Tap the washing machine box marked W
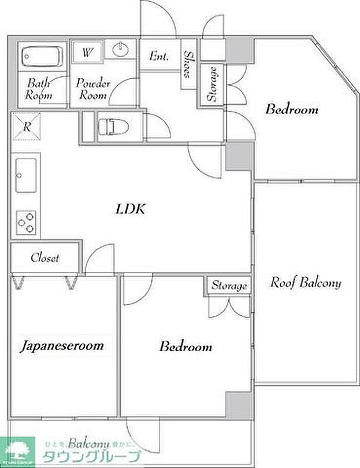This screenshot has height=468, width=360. [x=87, y=52]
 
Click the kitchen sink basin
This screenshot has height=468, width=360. [x=26, y=175]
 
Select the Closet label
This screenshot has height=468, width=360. [x=45, y=258]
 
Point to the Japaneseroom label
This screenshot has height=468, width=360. [x=62, y=345]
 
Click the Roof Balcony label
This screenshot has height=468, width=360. [x=305, y=282]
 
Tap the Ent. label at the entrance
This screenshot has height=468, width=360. [x=159, y=56]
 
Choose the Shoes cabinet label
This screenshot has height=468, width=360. [x=189, y=64]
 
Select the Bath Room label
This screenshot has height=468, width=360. [x=39, y=88]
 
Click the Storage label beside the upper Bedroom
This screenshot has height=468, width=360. [x=211, y=84]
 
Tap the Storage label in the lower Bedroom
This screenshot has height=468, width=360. [x=229, y=285]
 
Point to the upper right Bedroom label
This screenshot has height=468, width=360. [x=292, y=109]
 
